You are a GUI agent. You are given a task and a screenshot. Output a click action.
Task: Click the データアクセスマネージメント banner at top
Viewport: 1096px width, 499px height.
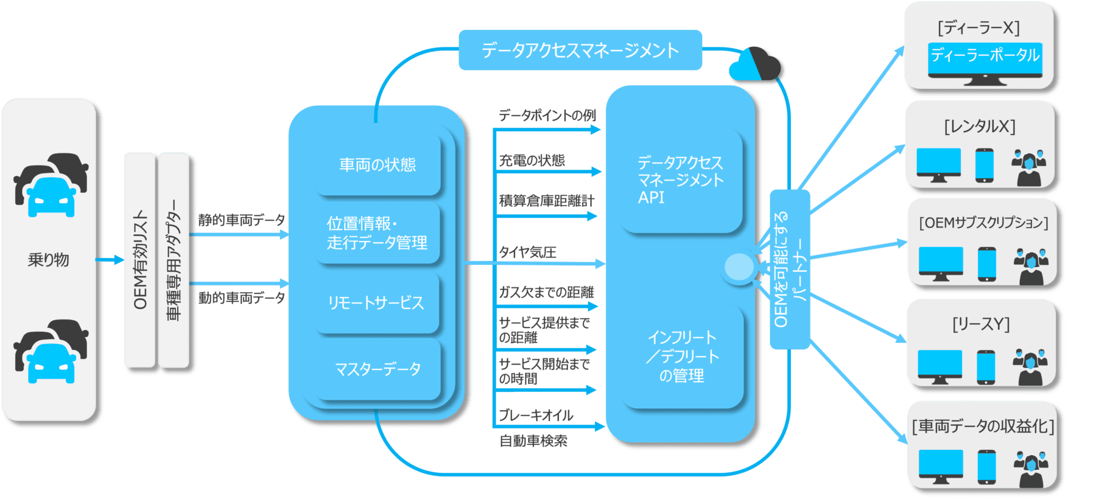click(580, 50)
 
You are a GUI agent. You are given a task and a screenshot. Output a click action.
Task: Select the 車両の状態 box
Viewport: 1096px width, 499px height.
click(378, 165)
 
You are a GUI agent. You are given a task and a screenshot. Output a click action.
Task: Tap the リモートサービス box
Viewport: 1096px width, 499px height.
click(376, 302)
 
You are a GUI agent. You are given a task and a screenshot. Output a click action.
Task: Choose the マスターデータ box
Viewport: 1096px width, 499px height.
click(378, 369)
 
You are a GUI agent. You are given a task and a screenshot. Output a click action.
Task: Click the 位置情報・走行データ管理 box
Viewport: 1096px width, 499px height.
click(378, 233)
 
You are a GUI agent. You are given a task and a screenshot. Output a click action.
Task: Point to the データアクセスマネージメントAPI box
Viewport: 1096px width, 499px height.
click(681, 181)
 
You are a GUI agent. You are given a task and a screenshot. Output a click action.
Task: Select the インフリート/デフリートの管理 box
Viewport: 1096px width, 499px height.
click(683, 357)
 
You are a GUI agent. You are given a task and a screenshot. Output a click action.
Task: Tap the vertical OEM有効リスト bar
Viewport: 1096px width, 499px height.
click(140, 260)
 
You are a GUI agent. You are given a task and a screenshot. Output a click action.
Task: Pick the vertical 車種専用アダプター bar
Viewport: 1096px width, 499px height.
click(174, 260)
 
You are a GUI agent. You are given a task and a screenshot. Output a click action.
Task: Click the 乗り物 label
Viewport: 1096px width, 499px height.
click(49, 260)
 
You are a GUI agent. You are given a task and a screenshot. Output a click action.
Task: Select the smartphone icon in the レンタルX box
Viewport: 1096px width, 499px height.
click(984, 165)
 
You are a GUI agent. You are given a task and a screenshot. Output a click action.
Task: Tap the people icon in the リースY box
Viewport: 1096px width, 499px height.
click(1030, 368)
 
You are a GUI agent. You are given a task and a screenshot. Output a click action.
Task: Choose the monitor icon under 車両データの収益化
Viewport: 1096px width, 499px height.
click(941, 465)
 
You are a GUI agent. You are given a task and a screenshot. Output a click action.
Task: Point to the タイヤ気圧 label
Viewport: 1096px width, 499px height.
click(528, 252)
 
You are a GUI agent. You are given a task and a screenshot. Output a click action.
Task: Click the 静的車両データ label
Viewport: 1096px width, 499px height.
click(242, 220)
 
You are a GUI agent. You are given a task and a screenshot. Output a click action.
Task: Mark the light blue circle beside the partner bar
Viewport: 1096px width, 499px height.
click(740, 267)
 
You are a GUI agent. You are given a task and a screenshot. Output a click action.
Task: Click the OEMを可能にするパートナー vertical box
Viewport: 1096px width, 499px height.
click(790, 269)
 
